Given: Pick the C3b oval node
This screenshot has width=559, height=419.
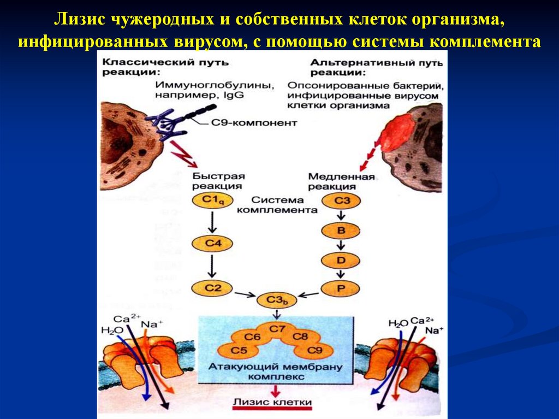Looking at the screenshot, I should pos(278,299).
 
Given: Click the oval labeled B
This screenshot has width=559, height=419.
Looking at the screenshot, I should pos(341,231).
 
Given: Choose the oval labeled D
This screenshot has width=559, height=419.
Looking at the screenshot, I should pos(341,260).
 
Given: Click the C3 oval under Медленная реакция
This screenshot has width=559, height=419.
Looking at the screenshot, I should pos(341,201).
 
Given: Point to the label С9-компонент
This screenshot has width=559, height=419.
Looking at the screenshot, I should pos(253,123).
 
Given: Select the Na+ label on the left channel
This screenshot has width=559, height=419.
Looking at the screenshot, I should pos(149,324).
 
